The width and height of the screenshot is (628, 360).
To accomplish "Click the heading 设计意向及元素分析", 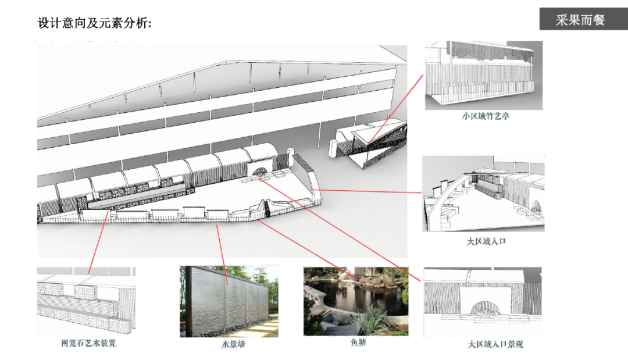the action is [x=95, y=24].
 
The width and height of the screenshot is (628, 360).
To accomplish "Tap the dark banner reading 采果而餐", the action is [x=580, y=20].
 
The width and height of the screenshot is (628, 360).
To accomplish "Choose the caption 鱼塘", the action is [x=358, y=343].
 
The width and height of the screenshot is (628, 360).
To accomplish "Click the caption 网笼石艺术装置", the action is [x=88, y=343].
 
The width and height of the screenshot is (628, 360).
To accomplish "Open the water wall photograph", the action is [x=229, y=301].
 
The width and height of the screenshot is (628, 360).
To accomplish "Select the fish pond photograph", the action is [x=355, y=301].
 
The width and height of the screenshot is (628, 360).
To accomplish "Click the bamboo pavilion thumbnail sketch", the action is [x=483, y=75].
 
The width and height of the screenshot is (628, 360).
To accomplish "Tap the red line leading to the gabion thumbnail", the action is [x=98, y=241].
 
